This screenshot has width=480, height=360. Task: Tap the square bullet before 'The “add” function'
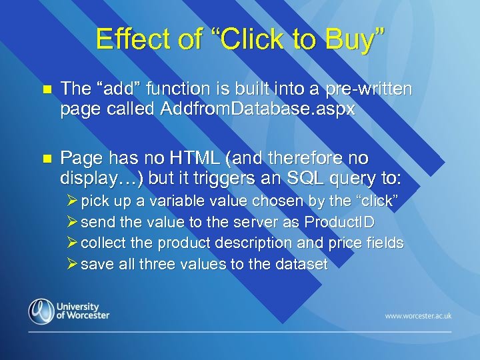point(45,89)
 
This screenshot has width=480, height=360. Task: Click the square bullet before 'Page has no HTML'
point(45,159)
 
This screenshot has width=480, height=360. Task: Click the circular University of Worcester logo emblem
point(41,311)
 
